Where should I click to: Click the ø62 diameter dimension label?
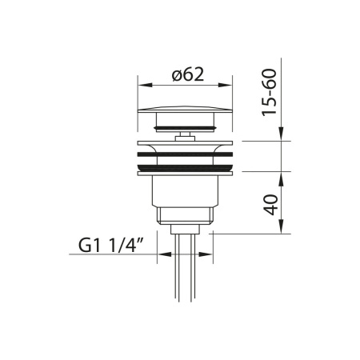tap(188, 74)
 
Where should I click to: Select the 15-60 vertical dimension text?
tap(269, 92)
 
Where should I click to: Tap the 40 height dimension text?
tap(270, 205)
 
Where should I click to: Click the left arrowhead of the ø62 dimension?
tap(145, 85)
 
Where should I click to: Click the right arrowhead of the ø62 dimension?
tap(225, 85)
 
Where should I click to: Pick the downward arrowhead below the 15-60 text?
tap(282, 134)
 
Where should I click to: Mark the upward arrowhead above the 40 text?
tap(282, 179)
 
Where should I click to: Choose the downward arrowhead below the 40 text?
tap(282, 226)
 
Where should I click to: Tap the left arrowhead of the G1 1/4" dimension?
tap(165, 254)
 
